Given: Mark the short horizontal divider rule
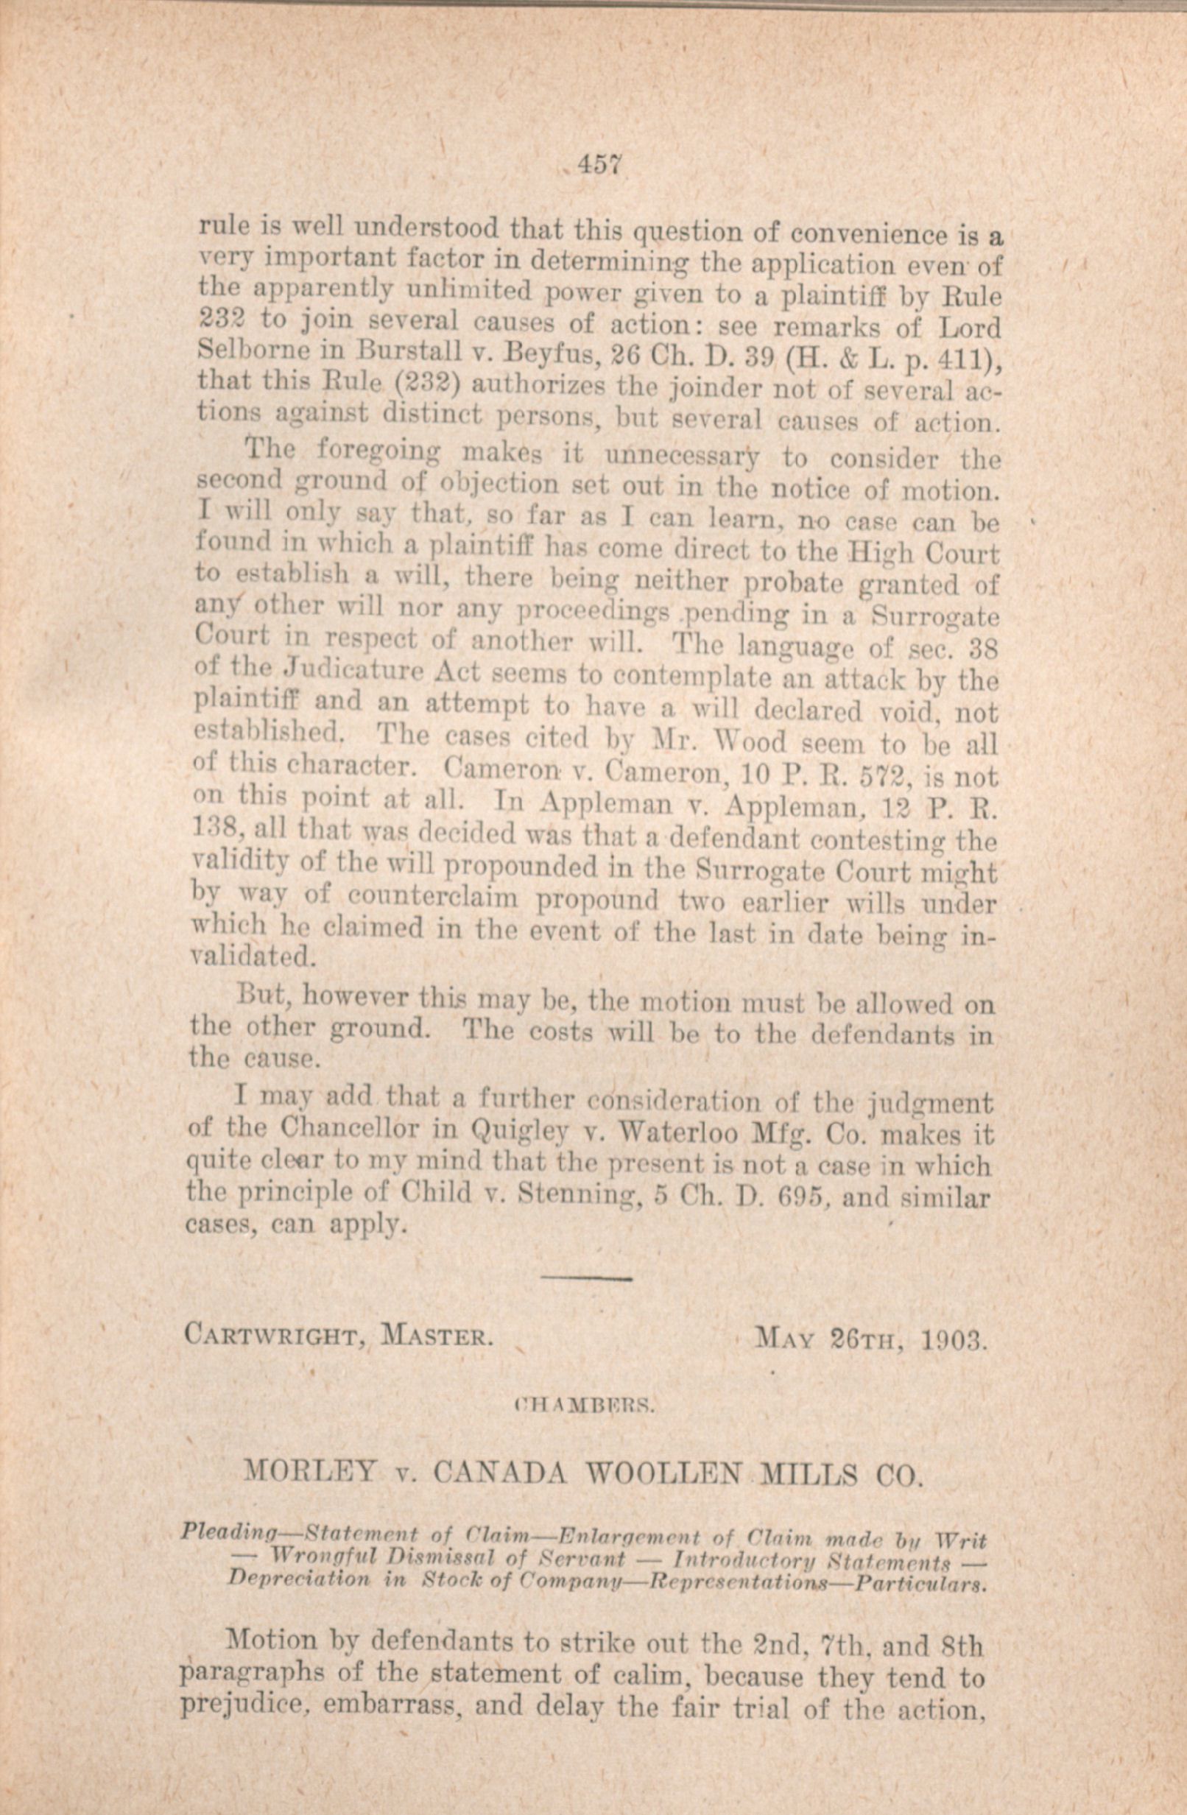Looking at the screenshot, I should [x=589, y=1277].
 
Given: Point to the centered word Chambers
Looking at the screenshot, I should [x=585, y=1404].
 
